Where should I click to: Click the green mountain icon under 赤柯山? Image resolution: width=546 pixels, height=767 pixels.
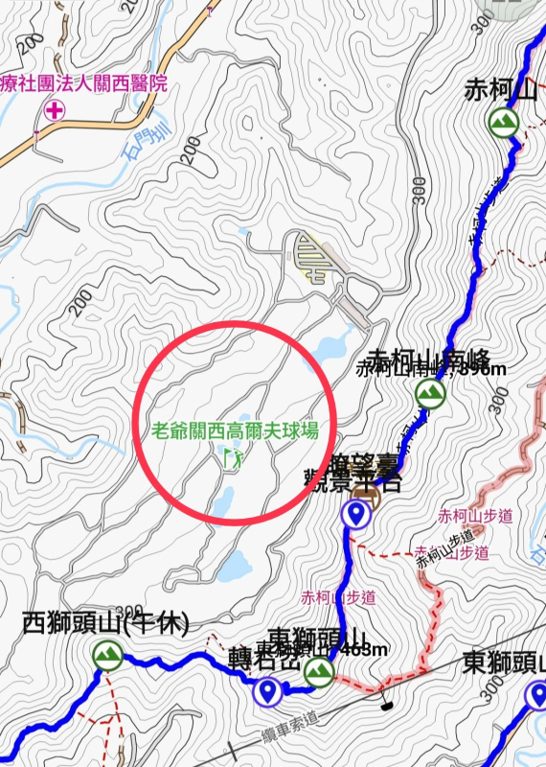503,121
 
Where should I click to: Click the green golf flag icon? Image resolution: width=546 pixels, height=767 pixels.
232,458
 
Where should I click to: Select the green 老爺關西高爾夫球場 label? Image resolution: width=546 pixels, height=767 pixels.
235,430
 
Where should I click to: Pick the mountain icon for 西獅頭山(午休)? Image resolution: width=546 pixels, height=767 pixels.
107,656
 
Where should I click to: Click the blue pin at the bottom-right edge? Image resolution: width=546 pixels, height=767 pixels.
535,698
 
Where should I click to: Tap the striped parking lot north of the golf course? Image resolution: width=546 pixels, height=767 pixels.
314,255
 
